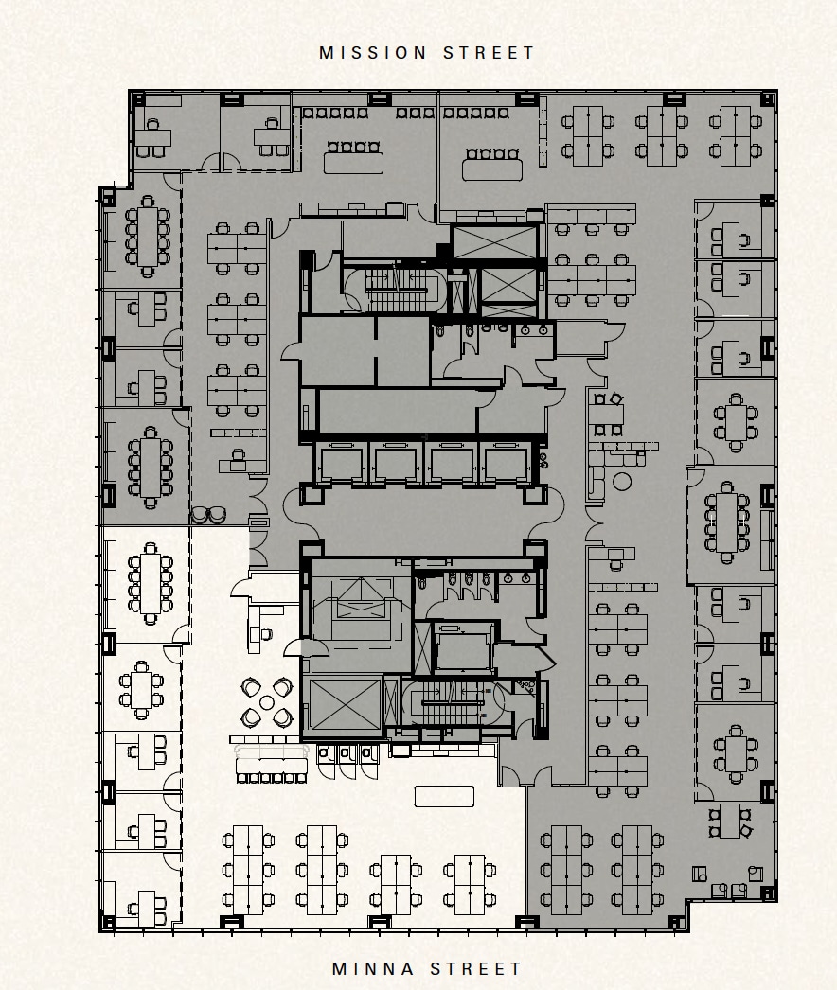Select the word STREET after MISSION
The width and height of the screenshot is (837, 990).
(x=490, y=53)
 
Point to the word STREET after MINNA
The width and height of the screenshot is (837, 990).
(x=476, y=968)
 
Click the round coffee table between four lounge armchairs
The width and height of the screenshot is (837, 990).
(x=267, y=702)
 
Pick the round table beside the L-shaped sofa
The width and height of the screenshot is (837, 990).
(x=622, y=482)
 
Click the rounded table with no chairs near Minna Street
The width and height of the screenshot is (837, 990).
(x=444, y=796)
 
